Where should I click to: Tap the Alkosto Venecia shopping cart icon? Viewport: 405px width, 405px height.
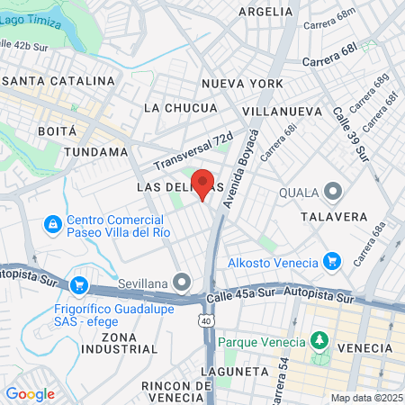[x=334, y=262]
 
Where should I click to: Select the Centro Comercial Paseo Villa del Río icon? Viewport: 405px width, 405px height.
[x=53, y=222]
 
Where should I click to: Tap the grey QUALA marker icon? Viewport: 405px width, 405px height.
[x=334, y=191]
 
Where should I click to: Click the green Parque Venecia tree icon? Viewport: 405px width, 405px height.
[x=318, y=341]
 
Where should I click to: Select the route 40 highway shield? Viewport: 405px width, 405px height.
[x=207, y=320]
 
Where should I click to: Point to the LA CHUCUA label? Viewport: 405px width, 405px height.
[x=180, y=108]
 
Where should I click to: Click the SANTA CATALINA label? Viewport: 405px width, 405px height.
[x=50, y=81]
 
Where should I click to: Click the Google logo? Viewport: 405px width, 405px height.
[x=30, y=393]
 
